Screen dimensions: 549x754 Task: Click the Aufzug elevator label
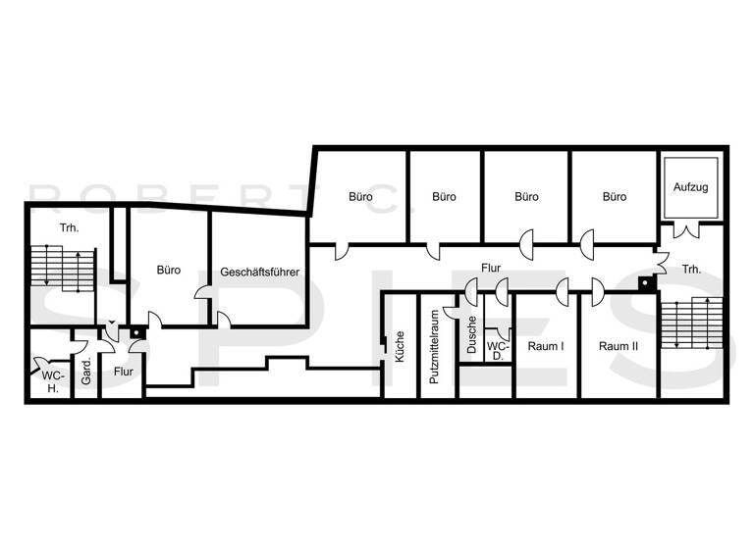pos(692,186)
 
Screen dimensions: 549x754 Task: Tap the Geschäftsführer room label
pos(260,272)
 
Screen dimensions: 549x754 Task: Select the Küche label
pos(401,346)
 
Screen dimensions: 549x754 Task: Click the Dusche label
pos(472,335)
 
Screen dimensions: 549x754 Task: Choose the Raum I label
pos(545,346)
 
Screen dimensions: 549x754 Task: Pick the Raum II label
pos(619,346)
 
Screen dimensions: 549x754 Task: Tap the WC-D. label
pos(498,351)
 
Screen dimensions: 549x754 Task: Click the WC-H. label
pos(50,381)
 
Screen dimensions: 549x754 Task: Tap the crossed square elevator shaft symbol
pos(692,188)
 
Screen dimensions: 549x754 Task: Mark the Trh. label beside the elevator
pos(692,269)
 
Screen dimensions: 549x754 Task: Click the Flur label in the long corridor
pos(491,267)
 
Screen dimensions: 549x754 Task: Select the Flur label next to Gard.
pos(123,372)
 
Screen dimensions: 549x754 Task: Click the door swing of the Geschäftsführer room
pos(223,320)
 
